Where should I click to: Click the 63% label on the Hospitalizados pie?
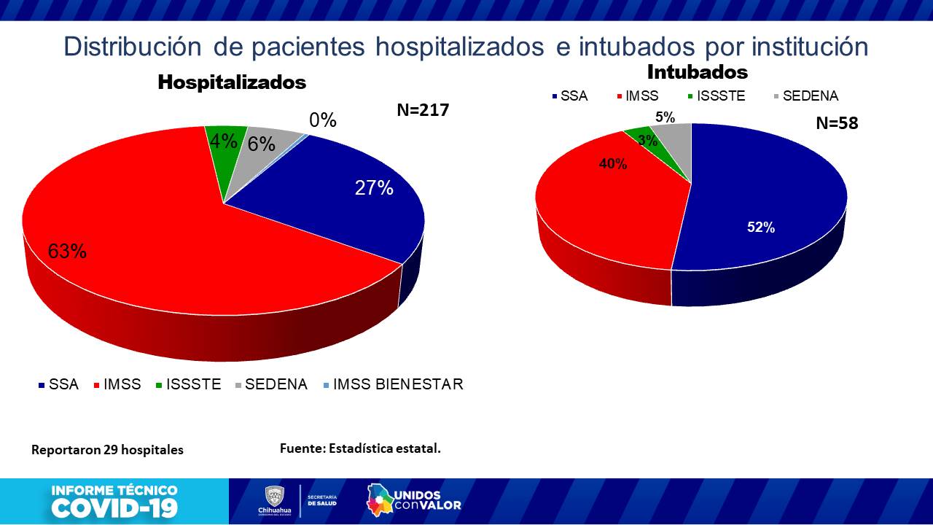click(x=68, y=252)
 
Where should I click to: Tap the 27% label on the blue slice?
click(x=374, y=188)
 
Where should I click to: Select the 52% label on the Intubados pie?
click(x=760, y=227)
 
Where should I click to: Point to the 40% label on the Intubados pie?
click(x=612, y=164)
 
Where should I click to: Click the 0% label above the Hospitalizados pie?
click(x=322, y=120)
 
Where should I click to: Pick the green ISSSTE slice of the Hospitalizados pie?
click(x=222, y=146)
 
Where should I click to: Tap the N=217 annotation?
click(x=423, y=110)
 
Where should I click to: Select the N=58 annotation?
click(x=836, y=123)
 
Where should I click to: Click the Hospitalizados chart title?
click(x=232, y=82)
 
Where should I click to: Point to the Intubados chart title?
click(x=698, y=72)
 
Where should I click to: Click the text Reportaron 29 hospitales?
click(x=107, y=450)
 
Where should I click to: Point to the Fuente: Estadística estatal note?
click(x=360, y=448)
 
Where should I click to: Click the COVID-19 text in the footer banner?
click(x=114, y=507)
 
